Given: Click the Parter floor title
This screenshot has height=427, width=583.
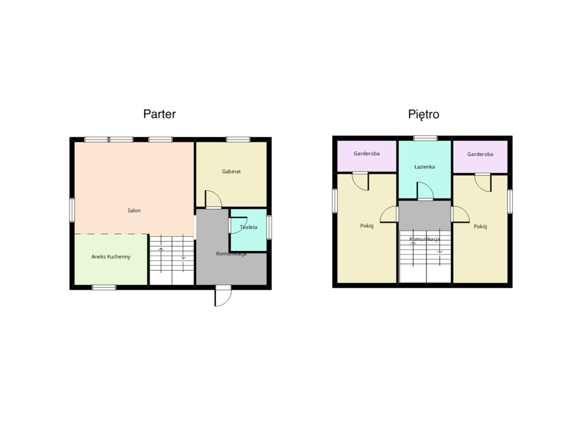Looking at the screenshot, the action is coord(159,114).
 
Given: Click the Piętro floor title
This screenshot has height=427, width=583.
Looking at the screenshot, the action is coord(424,114).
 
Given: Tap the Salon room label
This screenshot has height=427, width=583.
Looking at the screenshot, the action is coord(134,211).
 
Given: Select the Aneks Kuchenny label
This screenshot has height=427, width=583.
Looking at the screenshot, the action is coord(111,257).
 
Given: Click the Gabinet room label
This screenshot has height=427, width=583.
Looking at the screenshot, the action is coord(231,171).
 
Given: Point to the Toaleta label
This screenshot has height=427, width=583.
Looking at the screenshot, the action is coord(248,227).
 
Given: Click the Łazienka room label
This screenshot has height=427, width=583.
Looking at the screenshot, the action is coord(425,167).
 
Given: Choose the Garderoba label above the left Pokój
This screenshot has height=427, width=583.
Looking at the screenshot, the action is coord(367,153).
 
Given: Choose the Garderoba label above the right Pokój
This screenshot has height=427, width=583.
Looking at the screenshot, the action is coord(480,154).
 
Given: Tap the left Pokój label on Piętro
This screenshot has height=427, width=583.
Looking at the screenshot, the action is coord(367,226).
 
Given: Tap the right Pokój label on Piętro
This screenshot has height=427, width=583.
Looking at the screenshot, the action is coord(481,226).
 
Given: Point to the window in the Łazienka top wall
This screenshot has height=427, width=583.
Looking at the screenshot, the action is coord(425,138).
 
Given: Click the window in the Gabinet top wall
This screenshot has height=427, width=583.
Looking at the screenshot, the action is coord(238,139).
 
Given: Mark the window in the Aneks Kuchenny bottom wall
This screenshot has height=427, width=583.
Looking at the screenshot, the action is coord(104,287).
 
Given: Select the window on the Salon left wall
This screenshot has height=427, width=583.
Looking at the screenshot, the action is coord(72,210).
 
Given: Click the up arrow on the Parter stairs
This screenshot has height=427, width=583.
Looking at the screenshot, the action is coord(161,259).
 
